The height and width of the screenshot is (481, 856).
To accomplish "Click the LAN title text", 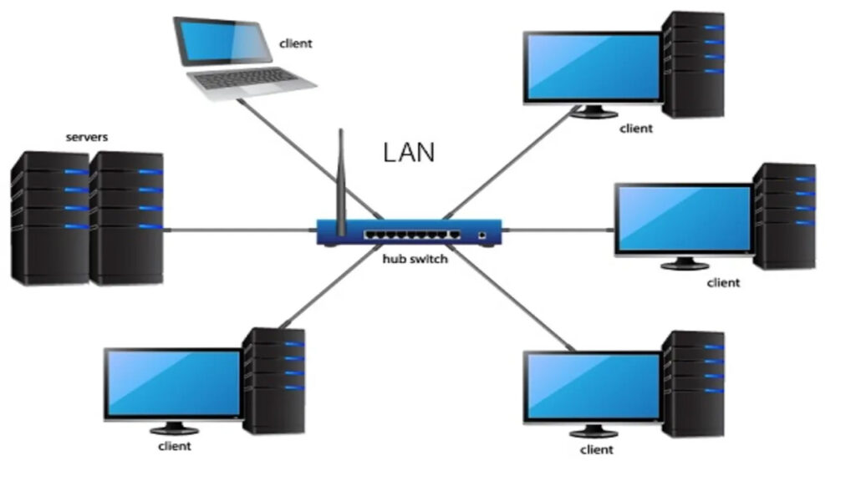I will coord(409,152).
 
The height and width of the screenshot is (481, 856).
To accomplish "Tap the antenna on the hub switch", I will coord(341,175).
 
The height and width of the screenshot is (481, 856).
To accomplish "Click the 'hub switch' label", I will coord(415,260).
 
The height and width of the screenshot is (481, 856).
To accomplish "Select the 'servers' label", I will coord(87,136).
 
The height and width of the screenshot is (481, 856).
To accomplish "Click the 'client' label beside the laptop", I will coord(295,43).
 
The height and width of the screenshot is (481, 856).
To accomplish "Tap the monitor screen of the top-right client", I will coord(593,68).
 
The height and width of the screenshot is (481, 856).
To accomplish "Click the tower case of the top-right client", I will coord(693,63).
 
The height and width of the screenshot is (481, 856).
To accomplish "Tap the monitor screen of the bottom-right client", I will coord(593,387).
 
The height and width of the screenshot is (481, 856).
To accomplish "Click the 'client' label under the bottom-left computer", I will coord(175,446).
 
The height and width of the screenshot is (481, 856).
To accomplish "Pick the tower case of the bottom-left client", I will coord(274,380).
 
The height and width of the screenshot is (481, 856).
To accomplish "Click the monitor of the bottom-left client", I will coord(174,383).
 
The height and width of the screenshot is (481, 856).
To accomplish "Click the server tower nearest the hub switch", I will coord(126,219).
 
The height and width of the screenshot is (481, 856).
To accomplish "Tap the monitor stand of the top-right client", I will coord(593,112).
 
